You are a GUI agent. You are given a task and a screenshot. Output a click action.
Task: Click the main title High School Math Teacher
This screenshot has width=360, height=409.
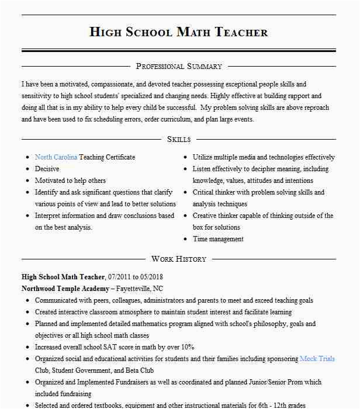click(179, 32)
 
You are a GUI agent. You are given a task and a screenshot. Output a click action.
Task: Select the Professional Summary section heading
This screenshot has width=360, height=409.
click(179, 67)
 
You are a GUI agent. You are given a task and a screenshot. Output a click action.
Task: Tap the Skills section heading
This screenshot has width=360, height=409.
click(179, 139)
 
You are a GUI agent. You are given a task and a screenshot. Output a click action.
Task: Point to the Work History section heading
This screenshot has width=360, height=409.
click(179, 259)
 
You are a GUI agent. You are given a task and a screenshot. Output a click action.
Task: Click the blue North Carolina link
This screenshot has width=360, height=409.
click(56, 157)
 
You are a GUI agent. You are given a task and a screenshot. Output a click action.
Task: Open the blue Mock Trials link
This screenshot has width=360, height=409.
click(317, 359)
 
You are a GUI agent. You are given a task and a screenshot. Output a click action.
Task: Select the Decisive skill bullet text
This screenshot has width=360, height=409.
click(47, 169)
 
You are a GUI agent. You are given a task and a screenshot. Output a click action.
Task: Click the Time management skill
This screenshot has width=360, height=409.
click(218, 239)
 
